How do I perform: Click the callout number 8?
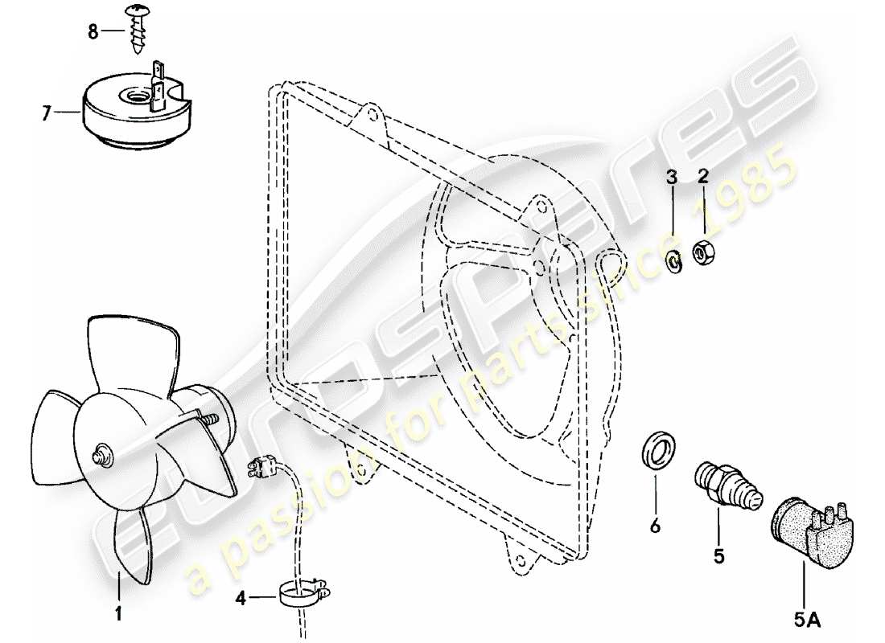point(93,32)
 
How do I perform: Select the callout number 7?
point(46,114)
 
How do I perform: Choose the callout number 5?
point(718,554)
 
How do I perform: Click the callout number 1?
point(118,615)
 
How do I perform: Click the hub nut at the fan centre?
point(102,456)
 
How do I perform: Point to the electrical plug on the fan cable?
point(263,465)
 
